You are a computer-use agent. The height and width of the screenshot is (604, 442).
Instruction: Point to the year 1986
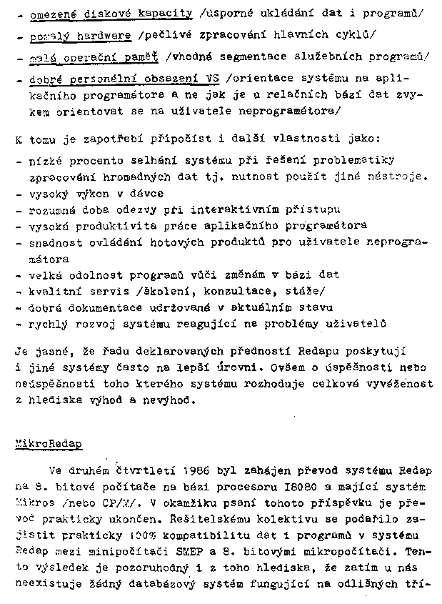[x=195, y=470]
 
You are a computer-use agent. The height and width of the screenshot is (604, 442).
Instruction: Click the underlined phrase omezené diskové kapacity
[x=111, y=14]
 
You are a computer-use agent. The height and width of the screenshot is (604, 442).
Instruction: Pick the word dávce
[x=146, y=193]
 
